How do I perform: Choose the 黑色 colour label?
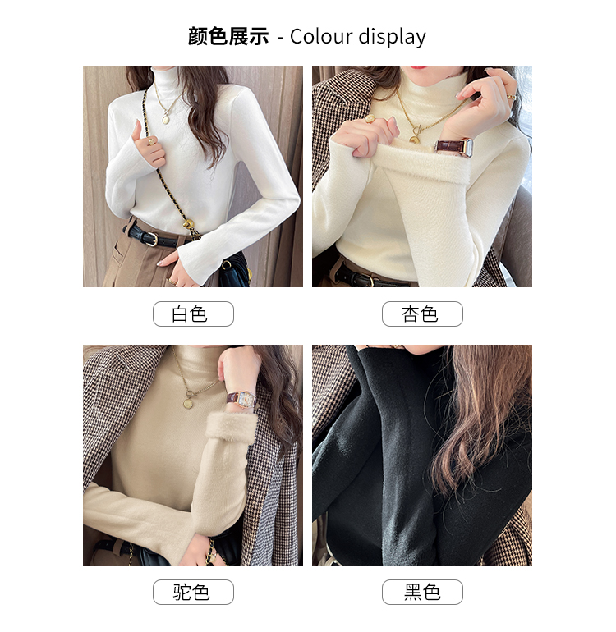tap(422, 592)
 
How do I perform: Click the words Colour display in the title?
tap(358, 37)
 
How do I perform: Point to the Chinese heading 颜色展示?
tap(228, 36)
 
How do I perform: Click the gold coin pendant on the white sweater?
tap(166, 119)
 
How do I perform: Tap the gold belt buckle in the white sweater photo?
tap(151, 239)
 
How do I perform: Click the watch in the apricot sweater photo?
tap(454, 148)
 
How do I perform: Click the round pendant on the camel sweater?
tap(187, 403)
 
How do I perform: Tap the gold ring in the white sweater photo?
tap(152, 141)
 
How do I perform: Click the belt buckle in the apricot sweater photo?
tap(365, 279)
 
